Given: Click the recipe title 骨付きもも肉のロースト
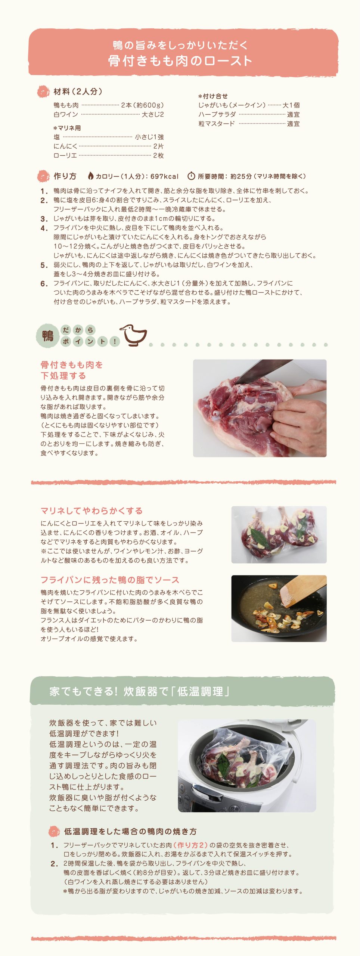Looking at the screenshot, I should click(x=180, y=60).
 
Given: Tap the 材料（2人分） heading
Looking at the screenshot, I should click(x=78, y=91).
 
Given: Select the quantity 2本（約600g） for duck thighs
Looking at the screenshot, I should click(x=142, y=105).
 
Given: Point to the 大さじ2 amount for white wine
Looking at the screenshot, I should click(x=152, y=115).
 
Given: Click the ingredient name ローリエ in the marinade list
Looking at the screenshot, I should click(x=65, y=156).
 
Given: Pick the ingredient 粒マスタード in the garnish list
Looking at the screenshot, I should click(x=217, y=124).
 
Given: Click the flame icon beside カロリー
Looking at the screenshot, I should click(x=90, y=176).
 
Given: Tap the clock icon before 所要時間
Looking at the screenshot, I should click(x=191, y=176).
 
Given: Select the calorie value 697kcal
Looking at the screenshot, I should click(x=164, y=176).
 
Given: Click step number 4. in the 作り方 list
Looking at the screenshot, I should click(x=44, y=228).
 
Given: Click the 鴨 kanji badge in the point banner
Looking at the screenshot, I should click(x=48, y=335).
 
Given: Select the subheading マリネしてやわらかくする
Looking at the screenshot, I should click(x=91, y=510).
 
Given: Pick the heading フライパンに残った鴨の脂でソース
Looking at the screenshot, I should click(x=110, y=580).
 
